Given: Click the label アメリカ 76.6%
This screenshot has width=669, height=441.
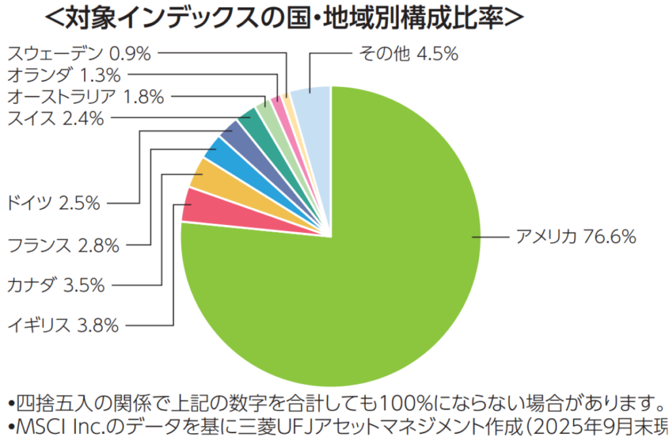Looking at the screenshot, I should [575, 236].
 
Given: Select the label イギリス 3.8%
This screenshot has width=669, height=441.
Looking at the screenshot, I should [63, 325].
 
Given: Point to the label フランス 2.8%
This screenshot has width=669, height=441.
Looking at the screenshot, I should [63, 245].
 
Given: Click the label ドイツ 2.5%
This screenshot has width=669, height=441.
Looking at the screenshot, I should [53, 203].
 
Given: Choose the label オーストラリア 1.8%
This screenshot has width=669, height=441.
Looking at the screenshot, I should [84, 97].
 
